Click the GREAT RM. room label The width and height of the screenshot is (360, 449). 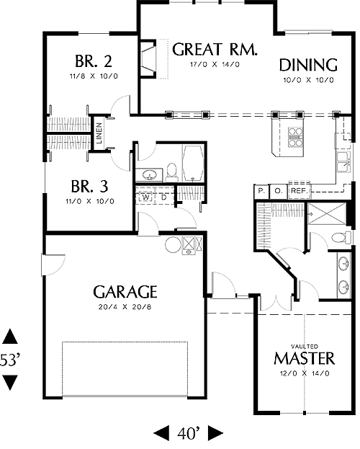tap(215, 49)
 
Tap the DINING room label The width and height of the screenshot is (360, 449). tap(308, 65)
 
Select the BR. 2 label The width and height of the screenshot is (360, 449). tap(94, 61)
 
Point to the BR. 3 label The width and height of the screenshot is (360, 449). tap(89, 186)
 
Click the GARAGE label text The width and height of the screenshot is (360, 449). tap(125, 292)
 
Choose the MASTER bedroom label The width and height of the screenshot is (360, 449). tap(304, 358)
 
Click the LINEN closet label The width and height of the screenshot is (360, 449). tap(99, 133)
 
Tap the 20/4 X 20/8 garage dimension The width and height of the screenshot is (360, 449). tap(125, 307)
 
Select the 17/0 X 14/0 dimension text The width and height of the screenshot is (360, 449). tap(215, 64)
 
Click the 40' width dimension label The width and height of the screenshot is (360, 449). tap(188, 434)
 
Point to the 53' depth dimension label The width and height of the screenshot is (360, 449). tap(10, 360)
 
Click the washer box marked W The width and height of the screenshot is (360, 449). tap(145, 197)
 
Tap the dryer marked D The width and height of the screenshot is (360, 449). tap(163, 197)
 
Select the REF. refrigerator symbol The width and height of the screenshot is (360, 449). tap(300, 190)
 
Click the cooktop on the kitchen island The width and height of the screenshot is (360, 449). tap(295, 137)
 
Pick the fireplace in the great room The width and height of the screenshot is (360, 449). tap(148, 58)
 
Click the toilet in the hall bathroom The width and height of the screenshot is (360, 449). tap(171, 172)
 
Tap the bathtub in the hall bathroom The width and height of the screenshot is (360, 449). tap(193, 164)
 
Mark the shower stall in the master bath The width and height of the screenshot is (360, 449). tap(327, 213)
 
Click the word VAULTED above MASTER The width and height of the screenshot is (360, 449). tap(304, 347)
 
